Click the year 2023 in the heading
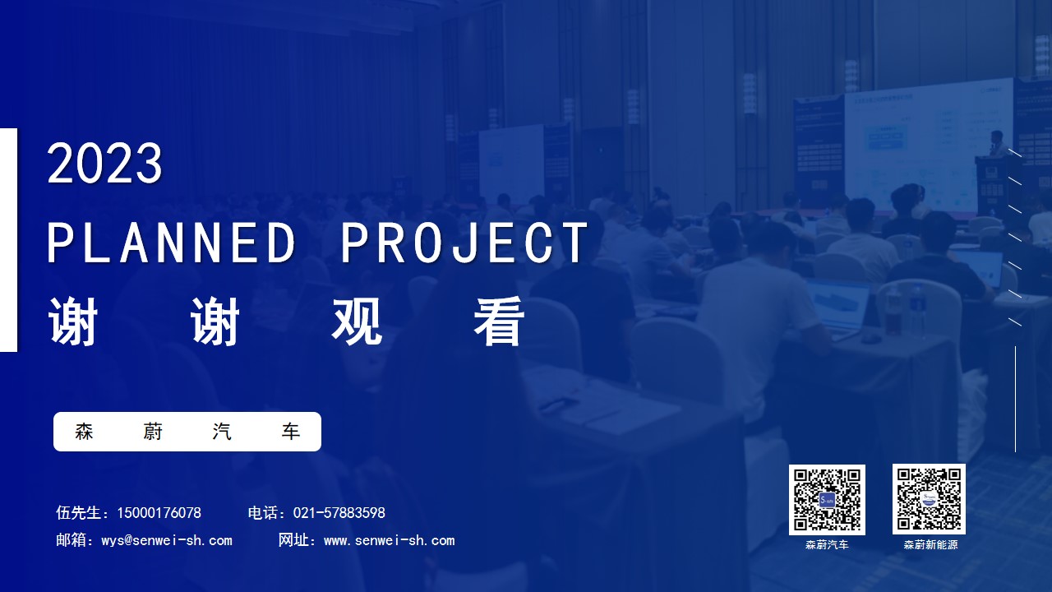(104, 163)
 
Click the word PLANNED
(171, 243)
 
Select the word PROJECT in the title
(465, 243)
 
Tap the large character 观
(357, 321)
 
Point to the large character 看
(499, 321)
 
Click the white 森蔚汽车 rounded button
(187, 432)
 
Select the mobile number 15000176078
(159, 512)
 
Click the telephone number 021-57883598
(339, 512)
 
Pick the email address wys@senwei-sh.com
(167, 540)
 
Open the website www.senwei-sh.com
(390, 540)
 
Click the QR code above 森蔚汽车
(827, 499)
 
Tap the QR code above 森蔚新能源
(929, 499)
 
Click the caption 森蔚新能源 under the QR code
(930, 545)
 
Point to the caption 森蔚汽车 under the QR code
(827, 545)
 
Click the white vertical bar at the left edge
(8, 239)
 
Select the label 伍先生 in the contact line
(78, 512)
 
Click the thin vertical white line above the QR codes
(1015, 399)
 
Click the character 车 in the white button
(291, 432)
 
